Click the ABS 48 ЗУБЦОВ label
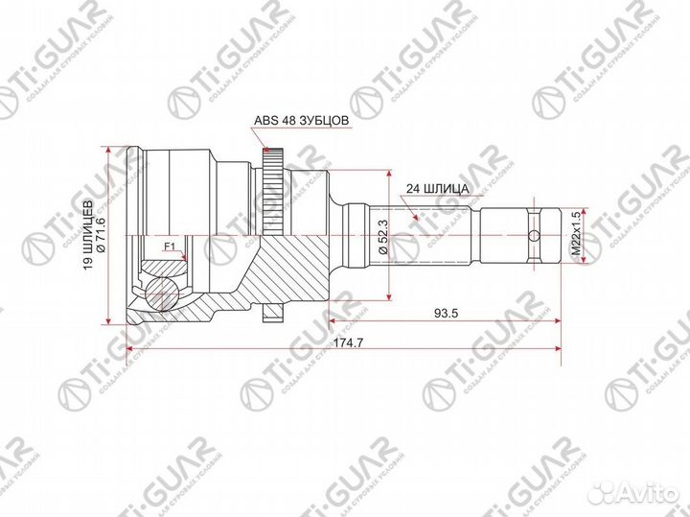click(x=300, y=121)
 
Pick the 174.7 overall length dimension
click(x=342, y=341)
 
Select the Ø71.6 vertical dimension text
click(x=100, y=235)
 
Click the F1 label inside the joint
click(x=170, y=247)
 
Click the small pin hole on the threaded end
click(x=533, y=234)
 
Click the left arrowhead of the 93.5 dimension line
click(x=333, y=320)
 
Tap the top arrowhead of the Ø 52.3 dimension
click(x=389, y=176)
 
